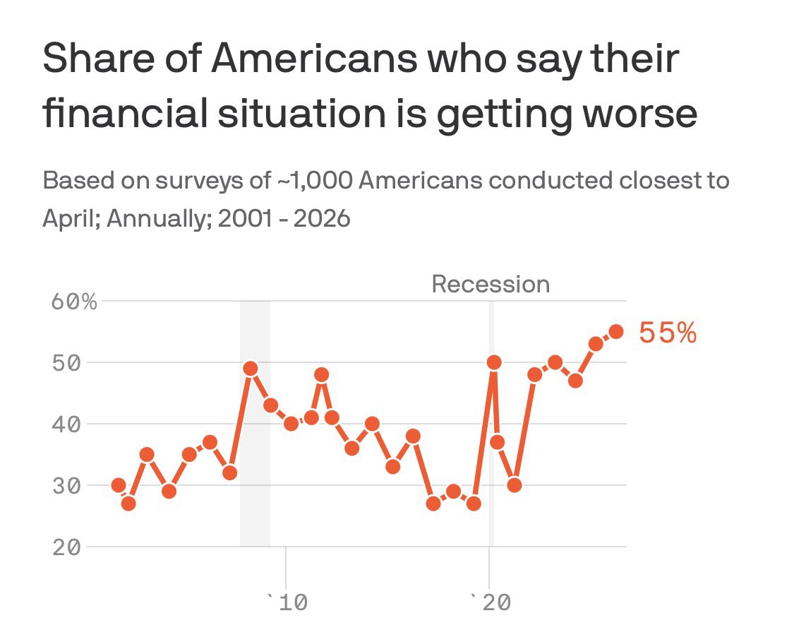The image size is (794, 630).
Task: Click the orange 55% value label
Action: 668,333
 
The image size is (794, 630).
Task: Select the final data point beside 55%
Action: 616,331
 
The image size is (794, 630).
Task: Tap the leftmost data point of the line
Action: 119,485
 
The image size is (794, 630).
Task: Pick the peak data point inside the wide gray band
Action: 250,369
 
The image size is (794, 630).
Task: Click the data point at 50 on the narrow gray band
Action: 494,362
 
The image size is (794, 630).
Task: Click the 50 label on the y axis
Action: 66,363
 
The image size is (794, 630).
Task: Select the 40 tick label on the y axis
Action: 66,424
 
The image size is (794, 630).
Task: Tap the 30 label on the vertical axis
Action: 66,486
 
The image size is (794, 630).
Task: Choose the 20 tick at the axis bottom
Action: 66,547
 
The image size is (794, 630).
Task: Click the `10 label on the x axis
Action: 284,602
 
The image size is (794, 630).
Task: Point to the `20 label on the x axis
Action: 488,602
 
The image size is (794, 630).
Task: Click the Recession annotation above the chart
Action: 491,285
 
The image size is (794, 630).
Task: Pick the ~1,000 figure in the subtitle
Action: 313,181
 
